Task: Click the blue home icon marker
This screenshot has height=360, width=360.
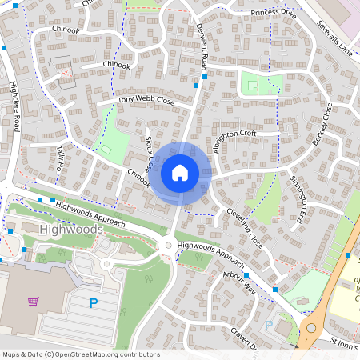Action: pos(180,172)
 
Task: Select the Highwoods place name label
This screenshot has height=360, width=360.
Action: pos(70,230)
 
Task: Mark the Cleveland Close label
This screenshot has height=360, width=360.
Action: pos(244,228)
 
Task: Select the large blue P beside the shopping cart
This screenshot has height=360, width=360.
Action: pos(94,303)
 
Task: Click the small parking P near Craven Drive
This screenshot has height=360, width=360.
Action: pos(269,326)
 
